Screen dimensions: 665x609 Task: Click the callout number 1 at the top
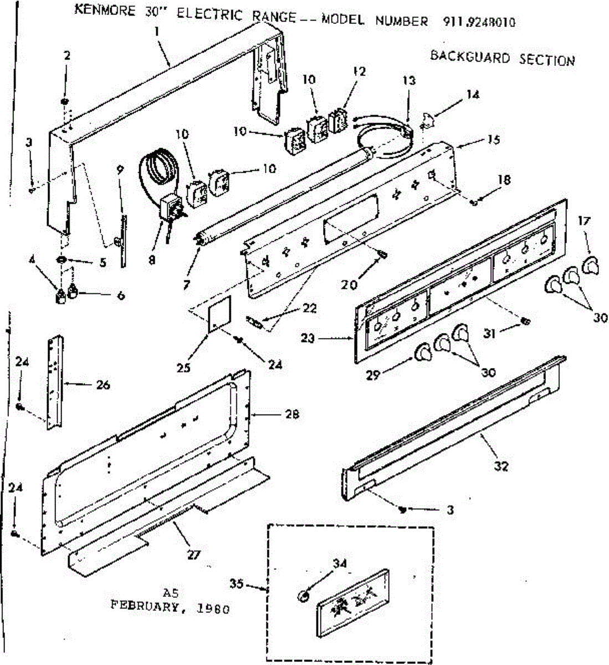(157, 32)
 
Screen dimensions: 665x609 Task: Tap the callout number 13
(408, 80)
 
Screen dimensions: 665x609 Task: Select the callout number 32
(501, 466)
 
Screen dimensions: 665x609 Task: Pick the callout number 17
(584, 221)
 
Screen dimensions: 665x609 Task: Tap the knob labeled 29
(423, 352)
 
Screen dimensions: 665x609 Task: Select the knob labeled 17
(590, 264)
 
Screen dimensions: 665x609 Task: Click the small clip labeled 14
(428, 118)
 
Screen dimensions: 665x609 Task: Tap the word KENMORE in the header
(104, 11)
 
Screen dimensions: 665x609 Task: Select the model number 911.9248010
(479, 22)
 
